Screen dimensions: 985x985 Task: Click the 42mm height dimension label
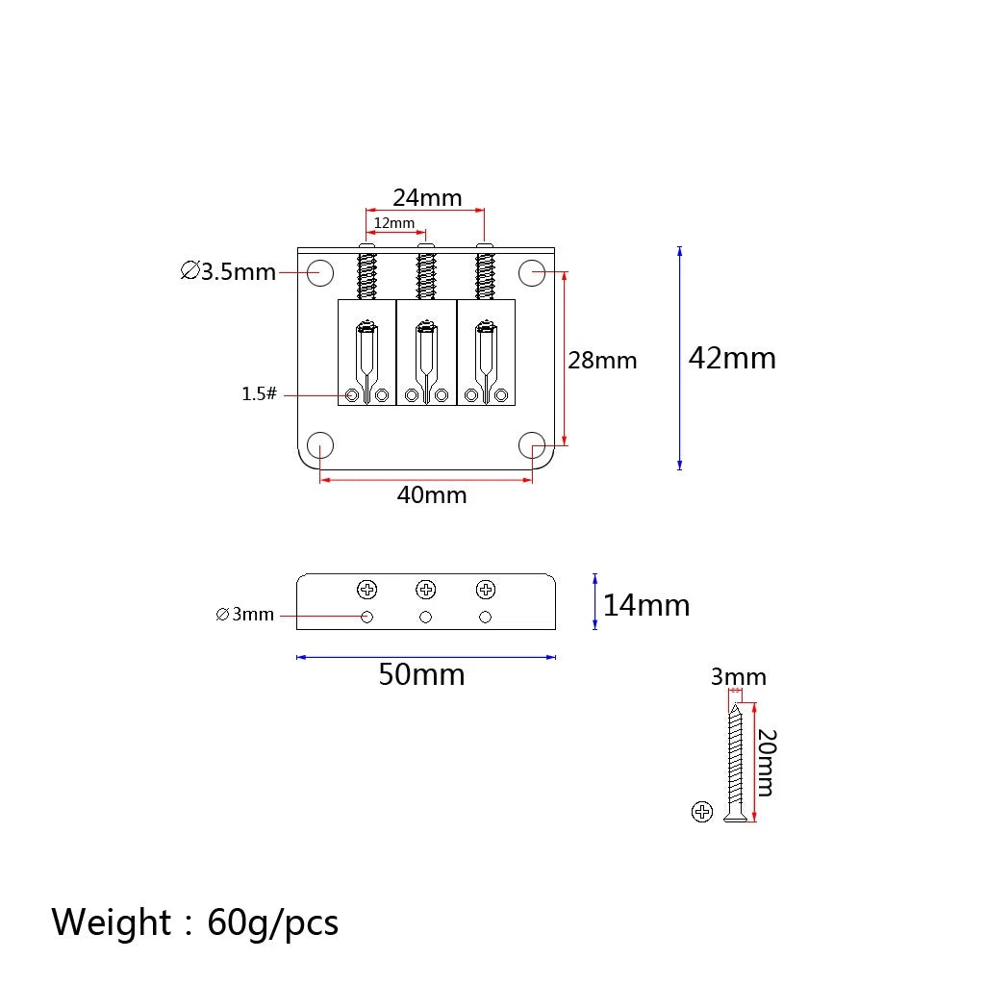[x=732, y=358]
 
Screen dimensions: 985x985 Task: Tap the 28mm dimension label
[x=602, y=361]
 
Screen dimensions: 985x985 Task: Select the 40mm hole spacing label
[x=432, y=495]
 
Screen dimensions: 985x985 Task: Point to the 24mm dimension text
[x=427, y=197]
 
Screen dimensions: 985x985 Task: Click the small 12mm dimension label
[x=393, y=223]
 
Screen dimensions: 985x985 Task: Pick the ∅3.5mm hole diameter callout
[x=228, y=271]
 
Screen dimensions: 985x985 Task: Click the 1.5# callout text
[x=259, y=393]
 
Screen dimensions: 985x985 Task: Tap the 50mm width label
[x=421, y=674]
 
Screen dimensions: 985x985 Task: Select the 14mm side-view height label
[x=645, y=606]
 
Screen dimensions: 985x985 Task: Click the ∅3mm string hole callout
[x=244, y=614]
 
